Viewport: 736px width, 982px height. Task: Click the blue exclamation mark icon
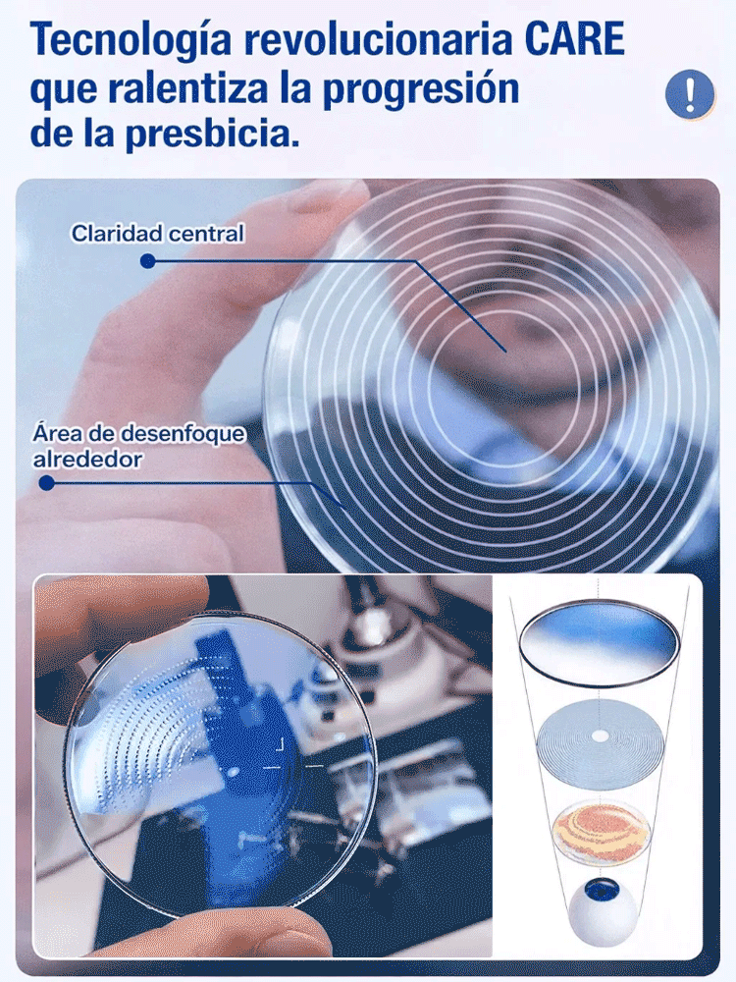tap(689, 93)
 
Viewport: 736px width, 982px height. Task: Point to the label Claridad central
tap(157, 234)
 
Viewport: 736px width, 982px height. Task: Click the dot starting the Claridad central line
tap(147, 261)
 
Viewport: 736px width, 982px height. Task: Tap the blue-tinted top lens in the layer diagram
tap(599, 643)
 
